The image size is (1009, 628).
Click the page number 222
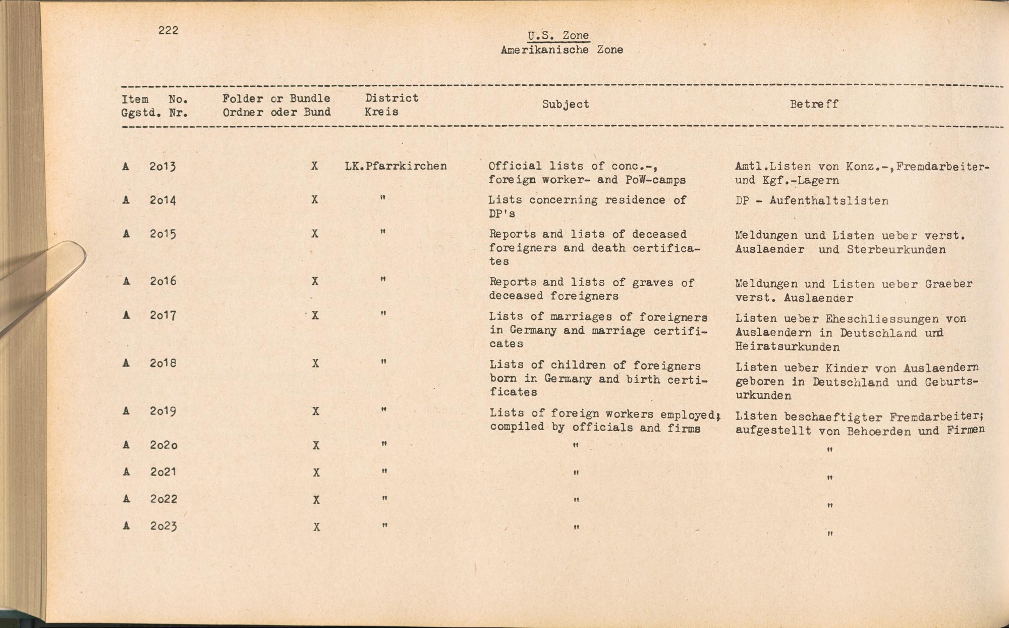click(168, 30)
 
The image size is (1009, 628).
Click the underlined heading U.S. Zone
click(558, 36)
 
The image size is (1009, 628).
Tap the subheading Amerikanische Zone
click(562, 50)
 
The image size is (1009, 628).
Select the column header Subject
click(566, 104)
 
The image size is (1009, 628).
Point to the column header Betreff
click(814, 104)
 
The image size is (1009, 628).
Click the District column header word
click(391, 98)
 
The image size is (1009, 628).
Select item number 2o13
click(162, 166)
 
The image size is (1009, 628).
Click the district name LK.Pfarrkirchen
click(396, 166)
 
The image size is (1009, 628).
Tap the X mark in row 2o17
click(315, 316)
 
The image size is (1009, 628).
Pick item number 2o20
click(163, 445)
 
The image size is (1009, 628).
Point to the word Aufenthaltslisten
click(829, 200)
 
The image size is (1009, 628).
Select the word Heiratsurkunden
click(787, 347)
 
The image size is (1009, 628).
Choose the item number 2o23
click(163, 526)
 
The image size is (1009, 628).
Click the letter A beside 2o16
click(126, 281)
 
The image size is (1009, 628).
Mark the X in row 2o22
click(316, 500)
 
